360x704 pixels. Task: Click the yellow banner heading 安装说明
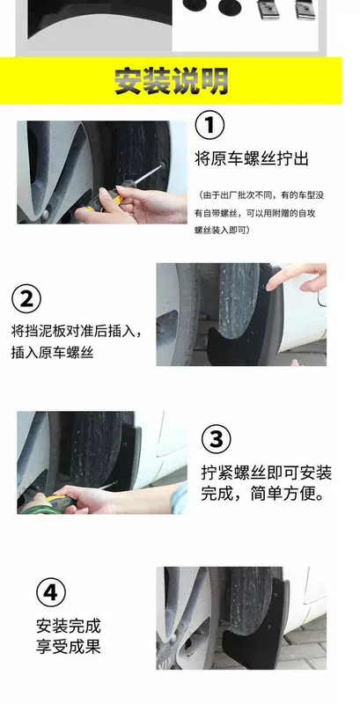[171, 81]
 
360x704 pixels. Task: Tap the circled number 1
[210, 125]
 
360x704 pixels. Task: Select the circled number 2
[26, 298]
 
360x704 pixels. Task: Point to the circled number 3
[217, 439]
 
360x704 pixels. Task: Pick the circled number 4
[51, 592]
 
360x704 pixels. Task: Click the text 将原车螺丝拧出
[252, 159]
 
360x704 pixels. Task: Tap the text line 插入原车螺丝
[52, 353]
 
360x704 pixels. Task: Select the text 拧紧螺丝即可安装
[266, 473]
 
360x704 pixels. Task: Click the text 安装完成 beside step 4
[69, 626]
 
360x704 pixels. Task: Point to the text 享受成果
[69, 647]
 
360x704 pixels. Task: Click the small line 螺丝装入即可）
[222, 230]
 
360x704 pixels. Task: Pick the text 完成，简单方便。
[264, 495]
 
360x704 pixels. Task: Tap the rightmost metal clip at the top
[305, 10]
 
